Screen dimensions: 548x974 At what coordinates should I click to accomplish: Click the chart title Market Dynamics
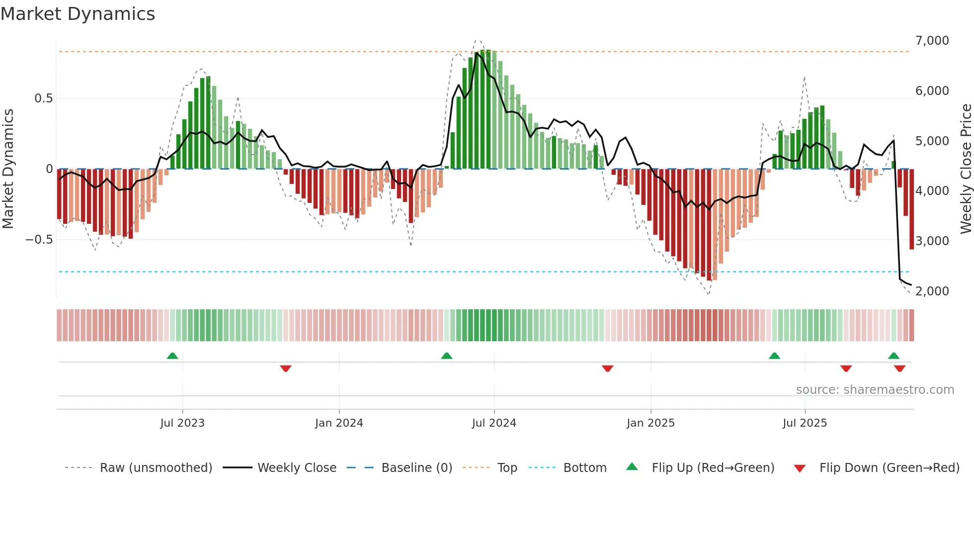78,14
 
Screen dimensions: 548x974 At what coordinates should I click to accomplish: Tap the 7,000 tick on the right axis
932,41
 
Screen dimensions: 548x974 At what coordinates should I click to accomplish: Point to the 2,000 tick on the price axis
932,291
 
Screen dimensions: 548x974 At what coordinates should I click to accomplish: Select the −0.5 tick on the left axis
39,240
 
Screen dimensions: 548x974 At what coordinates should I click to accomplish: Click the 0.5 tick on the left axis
43,98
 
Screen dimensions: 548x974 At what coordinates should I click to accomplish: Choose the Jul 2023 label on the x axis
182,423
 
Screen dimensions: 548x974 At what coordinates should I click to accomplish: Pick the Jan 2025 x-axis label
650,423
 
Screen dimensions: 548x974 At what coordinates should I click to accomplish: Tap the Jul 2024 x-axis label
494,423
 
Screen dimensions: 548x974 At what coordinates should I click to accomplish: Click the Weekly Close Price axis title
966,169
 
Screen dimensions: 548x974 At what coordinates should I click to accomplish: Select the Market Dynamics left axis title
8,169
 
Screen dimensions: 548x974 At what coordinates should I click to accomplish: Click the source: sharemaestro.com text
875,390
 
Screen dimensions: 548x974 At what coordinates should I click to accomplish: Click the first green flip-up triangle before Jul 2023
172,356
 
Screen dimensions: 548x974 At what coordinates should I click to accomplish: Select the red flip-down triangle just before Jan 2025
607,368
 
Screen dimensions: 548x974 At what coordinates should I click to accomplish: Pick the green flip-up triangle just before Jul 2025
774,356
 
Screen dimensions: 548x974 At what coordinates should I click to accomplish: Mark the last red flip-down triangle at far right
899,368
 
